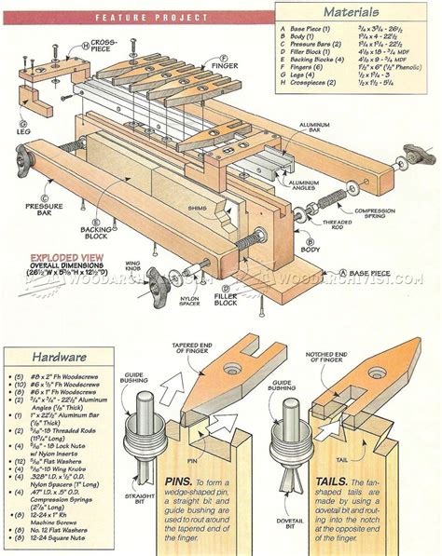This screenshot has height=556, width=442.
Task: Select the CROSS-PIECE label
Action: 105,46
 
